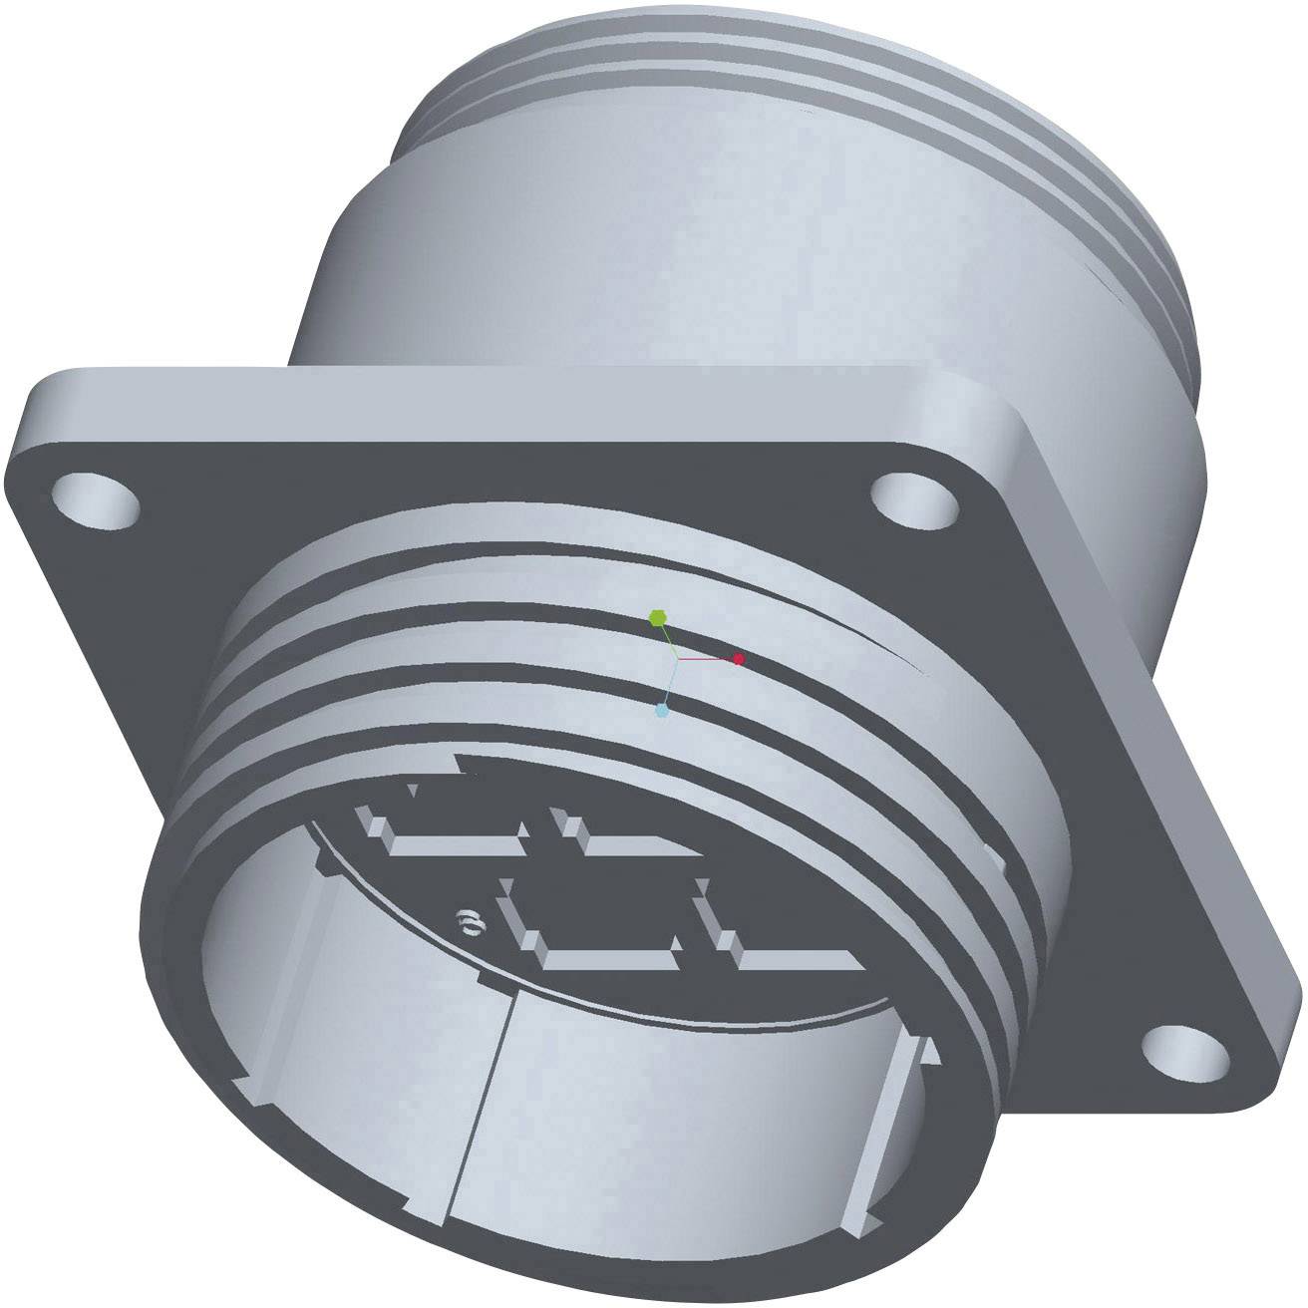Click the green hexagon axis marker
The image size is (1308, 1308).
click(657, 617)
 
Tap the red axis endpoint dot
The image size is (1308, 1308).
click(739, 659)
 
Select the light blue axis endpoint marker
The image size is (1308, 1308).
click(661, 710)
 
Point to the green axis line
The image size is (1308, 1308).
click(668, 638)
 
